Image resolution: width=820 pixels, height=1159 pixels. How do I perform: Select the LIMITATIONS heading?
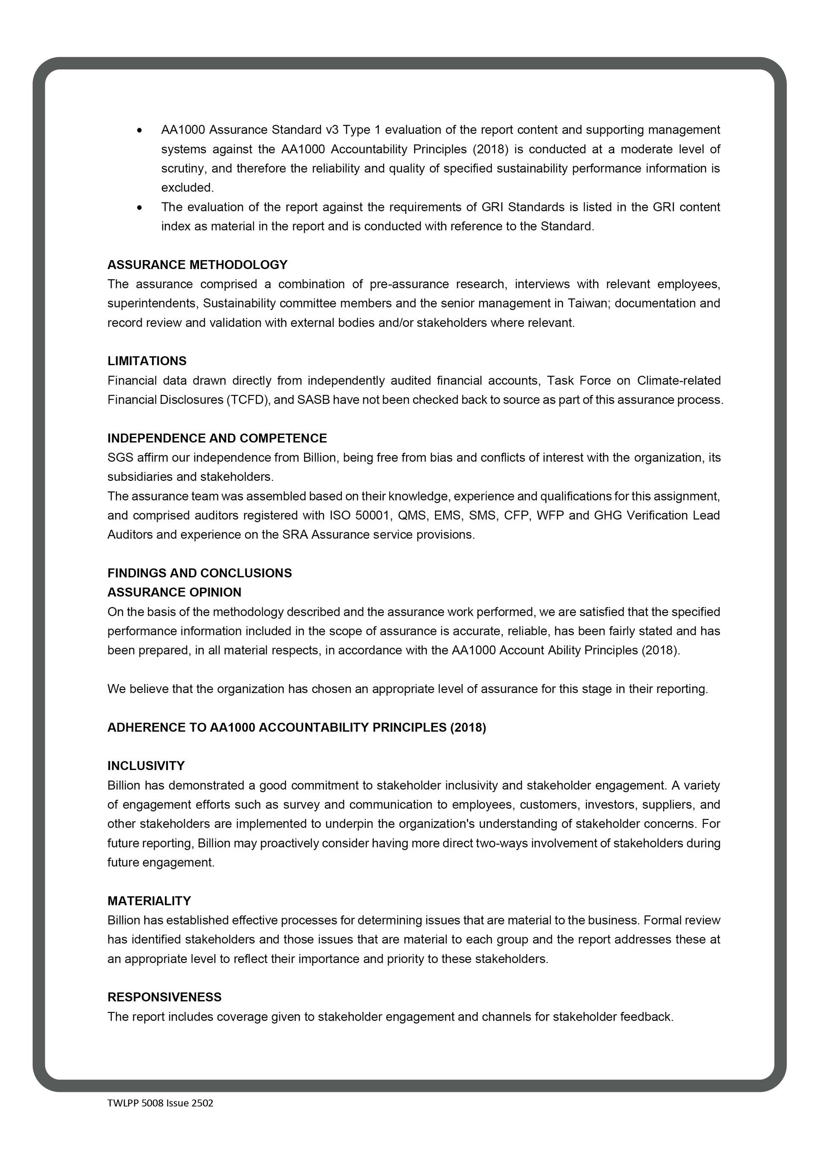147,361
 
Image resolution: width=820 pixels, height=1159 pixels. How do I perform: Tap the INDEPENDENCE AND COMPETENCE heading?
217,438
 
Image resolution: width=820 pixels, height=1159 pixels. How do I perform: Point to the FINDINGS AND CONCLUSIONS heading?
199,573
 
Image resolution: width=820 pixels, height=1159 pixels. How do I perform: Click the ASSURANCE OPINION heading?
174,592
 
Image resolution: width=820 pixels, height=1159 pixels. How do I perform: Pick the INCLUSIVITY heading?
146,766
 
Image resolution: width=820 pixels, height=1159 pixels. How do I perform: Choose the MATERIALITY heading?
149,901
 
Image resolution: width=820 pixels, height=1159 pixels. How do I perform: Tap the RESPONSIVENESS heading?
164,997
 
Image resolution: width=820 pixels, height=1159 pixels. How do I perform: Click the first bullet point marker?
139,131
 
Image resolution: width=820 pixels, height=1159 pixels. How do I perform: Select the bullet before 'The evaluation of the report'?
139,208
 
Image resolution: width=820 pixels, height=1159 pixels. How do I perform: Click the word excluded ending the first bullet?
187,188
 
